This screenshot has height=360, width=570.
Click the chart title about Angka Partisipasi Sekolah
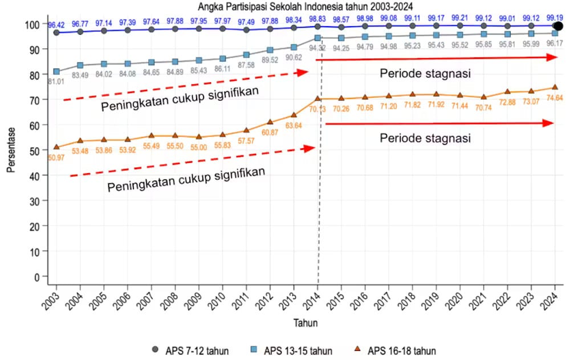(x=305, y=6)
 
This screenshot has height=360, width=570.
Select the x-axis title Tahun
(x=306, y=323)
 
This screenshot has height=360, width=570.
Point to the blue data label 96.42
(x=57, y=25)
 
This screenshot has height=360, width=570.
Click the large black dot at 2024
(x=559, y=26)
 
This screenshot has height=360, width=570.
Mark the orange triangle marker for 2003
(x=56, y=147)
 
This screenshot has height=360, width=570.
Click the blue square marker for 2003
(x=56, y=72)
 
